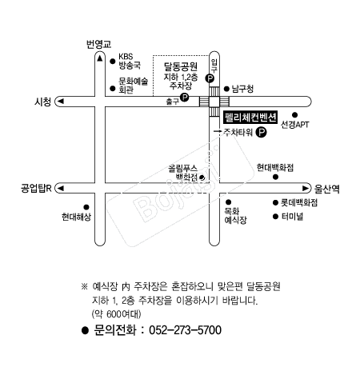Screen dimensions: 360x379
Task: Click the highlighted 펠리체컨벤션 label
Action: pos(250,118)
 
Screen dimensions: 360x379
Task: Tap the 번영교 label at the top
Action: pos(98,44)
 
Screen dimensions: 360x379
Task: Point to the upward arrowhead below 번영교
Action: pos(100,58)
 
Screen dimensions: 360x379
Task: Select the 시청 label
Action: pos(42,102)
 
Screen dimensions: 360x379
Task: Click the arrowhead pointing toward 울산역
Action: pos(306,189)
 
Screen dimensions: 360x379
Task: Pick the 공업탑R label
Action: pos(36,189)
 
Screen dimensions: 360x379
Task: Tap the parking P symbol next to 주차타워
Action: pos(261,132)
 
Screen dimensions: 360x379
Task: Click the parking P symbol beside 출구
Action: pos(184,98)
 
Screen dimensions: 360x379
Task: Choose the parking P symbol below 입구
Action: pos(210,78)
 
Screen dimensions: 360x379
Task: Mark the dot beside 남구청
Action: pos(226,89)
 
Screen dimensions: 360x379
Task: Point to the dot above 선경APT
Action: pos(294,115)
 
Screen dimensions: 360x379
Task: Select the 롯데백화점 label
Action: pos(299,203)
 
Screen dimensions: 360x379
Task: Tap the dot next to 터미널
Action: pos(275,217)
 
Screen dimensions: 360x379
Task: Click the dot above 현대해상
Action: pos(86,207)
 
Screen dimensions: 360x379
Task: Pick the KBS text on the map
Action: pos(126,57)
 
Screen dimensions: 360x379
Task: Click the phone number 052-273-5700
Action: pos(185,330)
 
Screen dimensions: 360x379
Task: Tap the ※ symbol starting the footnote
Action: pos(84,286)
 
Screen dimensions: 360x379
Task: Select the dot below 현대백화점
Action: pos(275,177)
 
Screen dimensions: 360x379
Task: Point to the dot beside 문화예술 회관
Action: pos(113,89)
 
